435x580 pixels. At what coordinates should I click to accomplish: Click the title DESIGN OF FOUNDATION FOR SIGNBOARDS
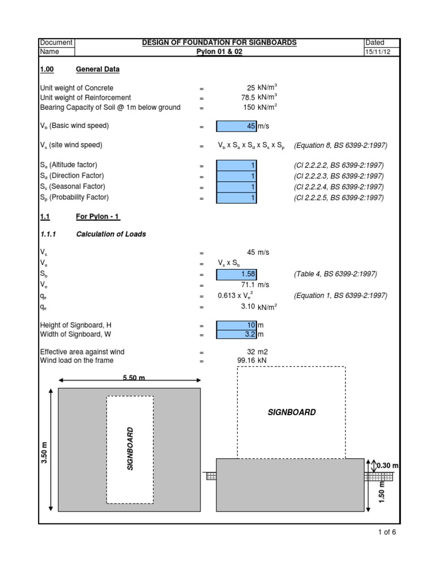pos(219,42)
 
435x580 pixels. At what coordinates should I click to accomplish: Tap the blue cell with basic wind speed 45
pos(237,126)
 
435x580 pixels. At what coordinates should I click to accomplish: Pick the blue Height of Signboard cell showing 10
pos(237,326)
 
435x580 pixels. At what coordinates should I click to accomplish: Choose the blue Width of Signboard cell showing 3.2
pos(237,335)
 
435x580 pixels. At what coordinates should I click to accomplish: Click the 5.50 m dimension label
pos(134,378)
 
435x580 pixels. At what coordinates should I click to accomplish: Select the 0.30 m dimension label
pos(388,466)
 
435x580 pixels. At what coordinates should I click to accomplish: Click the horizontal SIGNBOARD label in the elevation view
pos(292,412)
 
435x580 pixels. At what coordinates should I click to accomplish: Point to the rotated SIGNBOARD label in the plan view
pos(130,449)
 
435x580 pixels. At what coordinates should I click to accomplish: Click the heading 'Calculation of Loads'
pos(110,234)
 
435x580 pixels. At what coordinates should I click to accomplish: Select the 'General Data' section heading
pos(97,70)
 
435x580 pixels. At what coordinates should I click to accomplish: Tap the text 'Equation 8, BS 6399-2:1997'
pos(340,146)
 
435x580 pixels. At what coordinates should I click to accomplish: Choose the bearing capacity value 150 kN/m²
pos(260,107)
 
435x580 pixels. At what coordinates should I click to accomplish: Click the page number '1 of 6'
pos(387,532)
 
